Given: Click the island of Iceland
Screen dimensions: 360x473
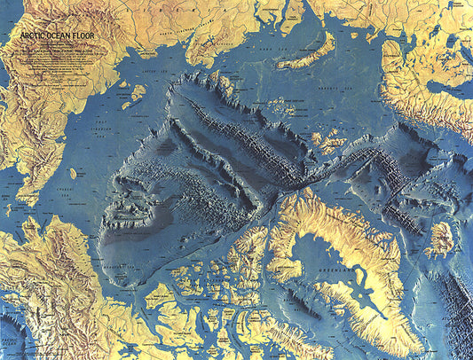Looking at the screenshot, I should tap(440, 238).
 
